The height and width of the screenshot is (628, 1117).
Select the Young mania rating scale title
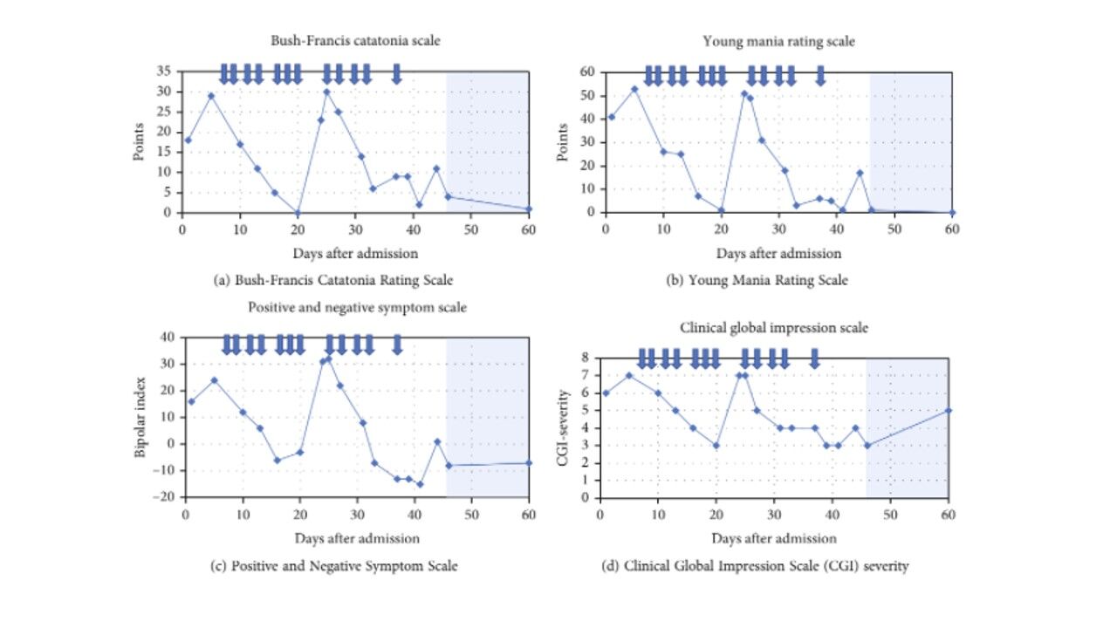click(778, 42)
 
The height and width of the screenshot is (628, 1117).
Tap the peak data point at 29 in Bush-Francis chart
click(210, 96)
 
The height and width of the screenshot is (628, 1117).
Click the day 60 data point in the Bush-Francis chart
click(529, 209)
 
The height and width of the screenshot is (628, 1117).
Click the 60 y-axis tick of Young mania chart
click(588, 72)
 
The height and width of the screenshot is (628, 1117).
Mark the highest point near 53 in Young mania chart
click(634, 89)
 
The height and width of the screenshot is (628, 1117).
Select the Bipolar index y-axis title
click(141, 417)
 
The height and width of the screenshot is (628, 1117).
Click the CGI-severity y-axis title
click(564, 427)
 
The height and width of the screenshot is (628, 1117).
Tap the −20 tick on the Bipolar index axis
click(163, 497)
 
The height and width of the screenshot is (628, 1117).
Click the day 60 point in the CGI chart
click(948, 410)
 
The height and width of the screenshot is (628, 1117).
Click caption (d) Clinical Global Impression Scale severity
click(755, 566)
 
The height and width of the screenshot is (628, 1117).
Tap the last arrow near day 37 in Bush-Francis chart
click(396, 74)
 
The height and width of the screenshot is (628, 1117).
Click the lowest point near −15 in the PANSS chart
click(420, 484)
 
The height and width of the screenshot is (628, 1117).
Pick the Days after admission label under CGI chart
click(773, 538)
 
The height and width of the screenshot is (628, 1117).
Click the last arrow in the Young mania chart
click(820, 76)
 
